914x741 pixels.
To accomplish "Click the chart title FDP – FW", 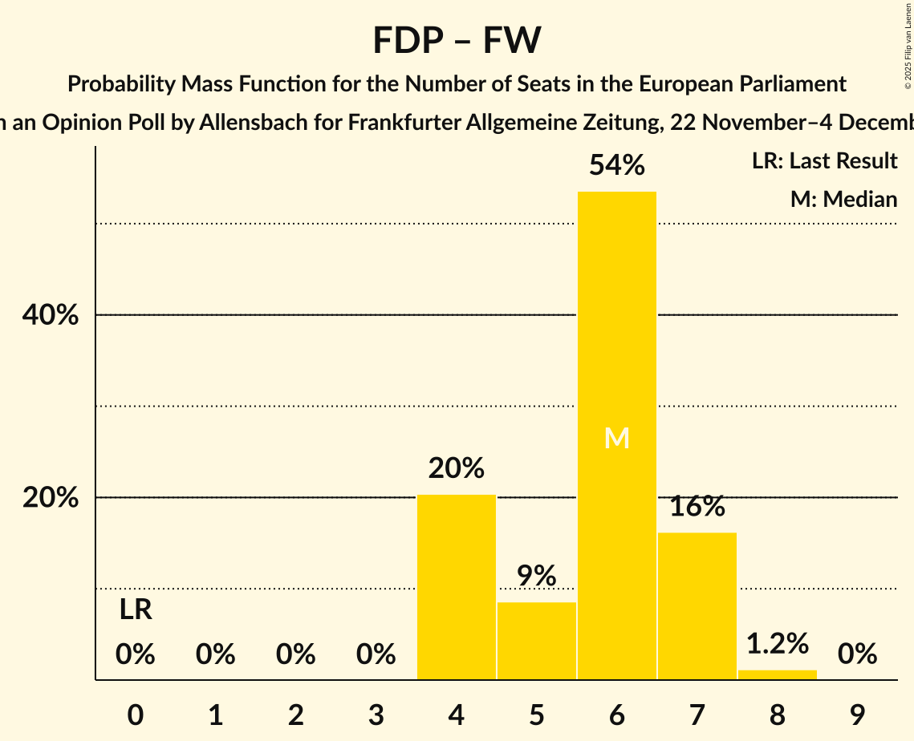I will click(x=457, y=40).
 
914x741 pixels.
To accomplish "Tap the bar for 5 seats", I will click(x=536, y=641).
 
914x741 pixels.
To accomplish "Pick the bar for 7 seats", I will click(x=697, y=605).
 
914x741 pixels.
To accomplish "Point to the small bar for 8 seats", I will click(x=777, y=674).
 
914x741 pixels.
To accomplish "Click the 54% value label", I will click(x=616, y=166).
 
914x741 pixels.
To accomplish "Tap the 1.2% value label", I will click(x=777, y=643).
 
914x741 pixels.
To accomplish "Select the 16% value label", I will click(x=697, y=506).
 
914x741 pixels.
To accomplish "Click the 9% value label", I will click(x=536, y=576).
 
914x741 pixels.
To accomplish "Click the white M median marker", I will click(x=616, y=438).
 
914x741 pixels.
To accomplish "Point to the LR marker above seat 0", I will click(x=136, y=610).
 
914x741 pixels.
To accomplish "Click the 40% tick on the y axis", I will click(x=51, y=316).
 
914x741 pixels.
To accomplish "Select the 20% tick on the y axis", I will click(x=51, y=498).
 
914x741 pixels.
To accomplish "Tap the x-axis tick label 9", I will click(x=857, y=715).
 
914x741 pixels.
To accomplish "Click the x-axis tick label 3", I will click(x=376, y=715).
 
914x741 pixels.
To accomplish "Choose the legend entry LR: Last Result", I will click(x=824, y=161).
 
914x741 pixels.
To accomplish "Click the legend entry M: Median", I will click(x=843, y=199).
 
